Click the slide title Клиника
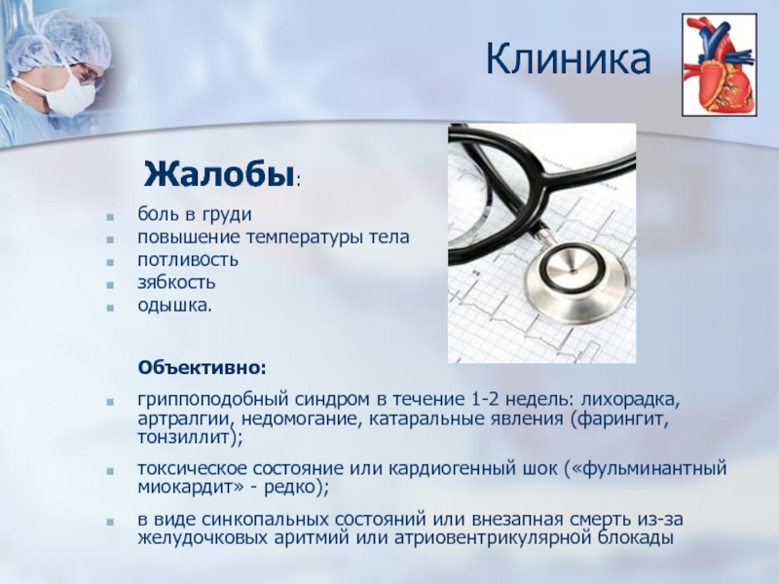568,59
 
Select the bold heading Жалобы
218,175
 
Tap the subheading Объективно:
203,368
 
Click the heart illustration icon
719,65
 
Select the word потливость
188,260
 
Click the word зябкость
176,282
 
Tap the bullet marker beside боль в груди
110,216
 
